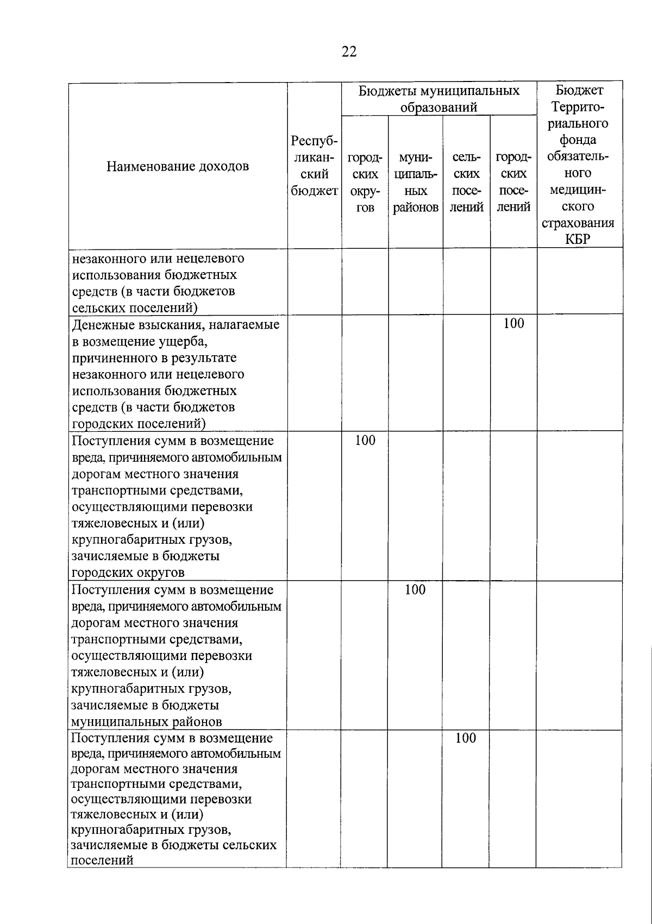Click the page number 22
tap(349, 52)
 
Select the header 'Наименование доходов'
tap(178, 166)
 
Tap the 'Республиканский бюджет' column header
tap(314, 166)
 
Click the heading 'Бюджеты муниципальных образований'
tap(438, 98)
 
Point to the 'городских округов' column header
tap(365, 183)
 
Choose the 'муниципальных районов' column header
tap(415, 183)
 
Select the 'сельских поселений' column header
tap(466, 183)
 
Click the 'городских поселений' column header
tap(513, 183)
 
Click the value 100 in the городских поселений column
tap(513, 324)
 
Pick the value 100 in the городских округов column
tap(365, 441)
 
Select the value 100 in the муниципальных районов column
tap(415, 589)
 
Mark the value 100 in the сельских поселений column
tap(466, 738)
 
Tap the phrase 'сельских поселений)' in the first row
tap(134, 308)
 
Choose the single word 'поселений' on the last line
tap(102, 860)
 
